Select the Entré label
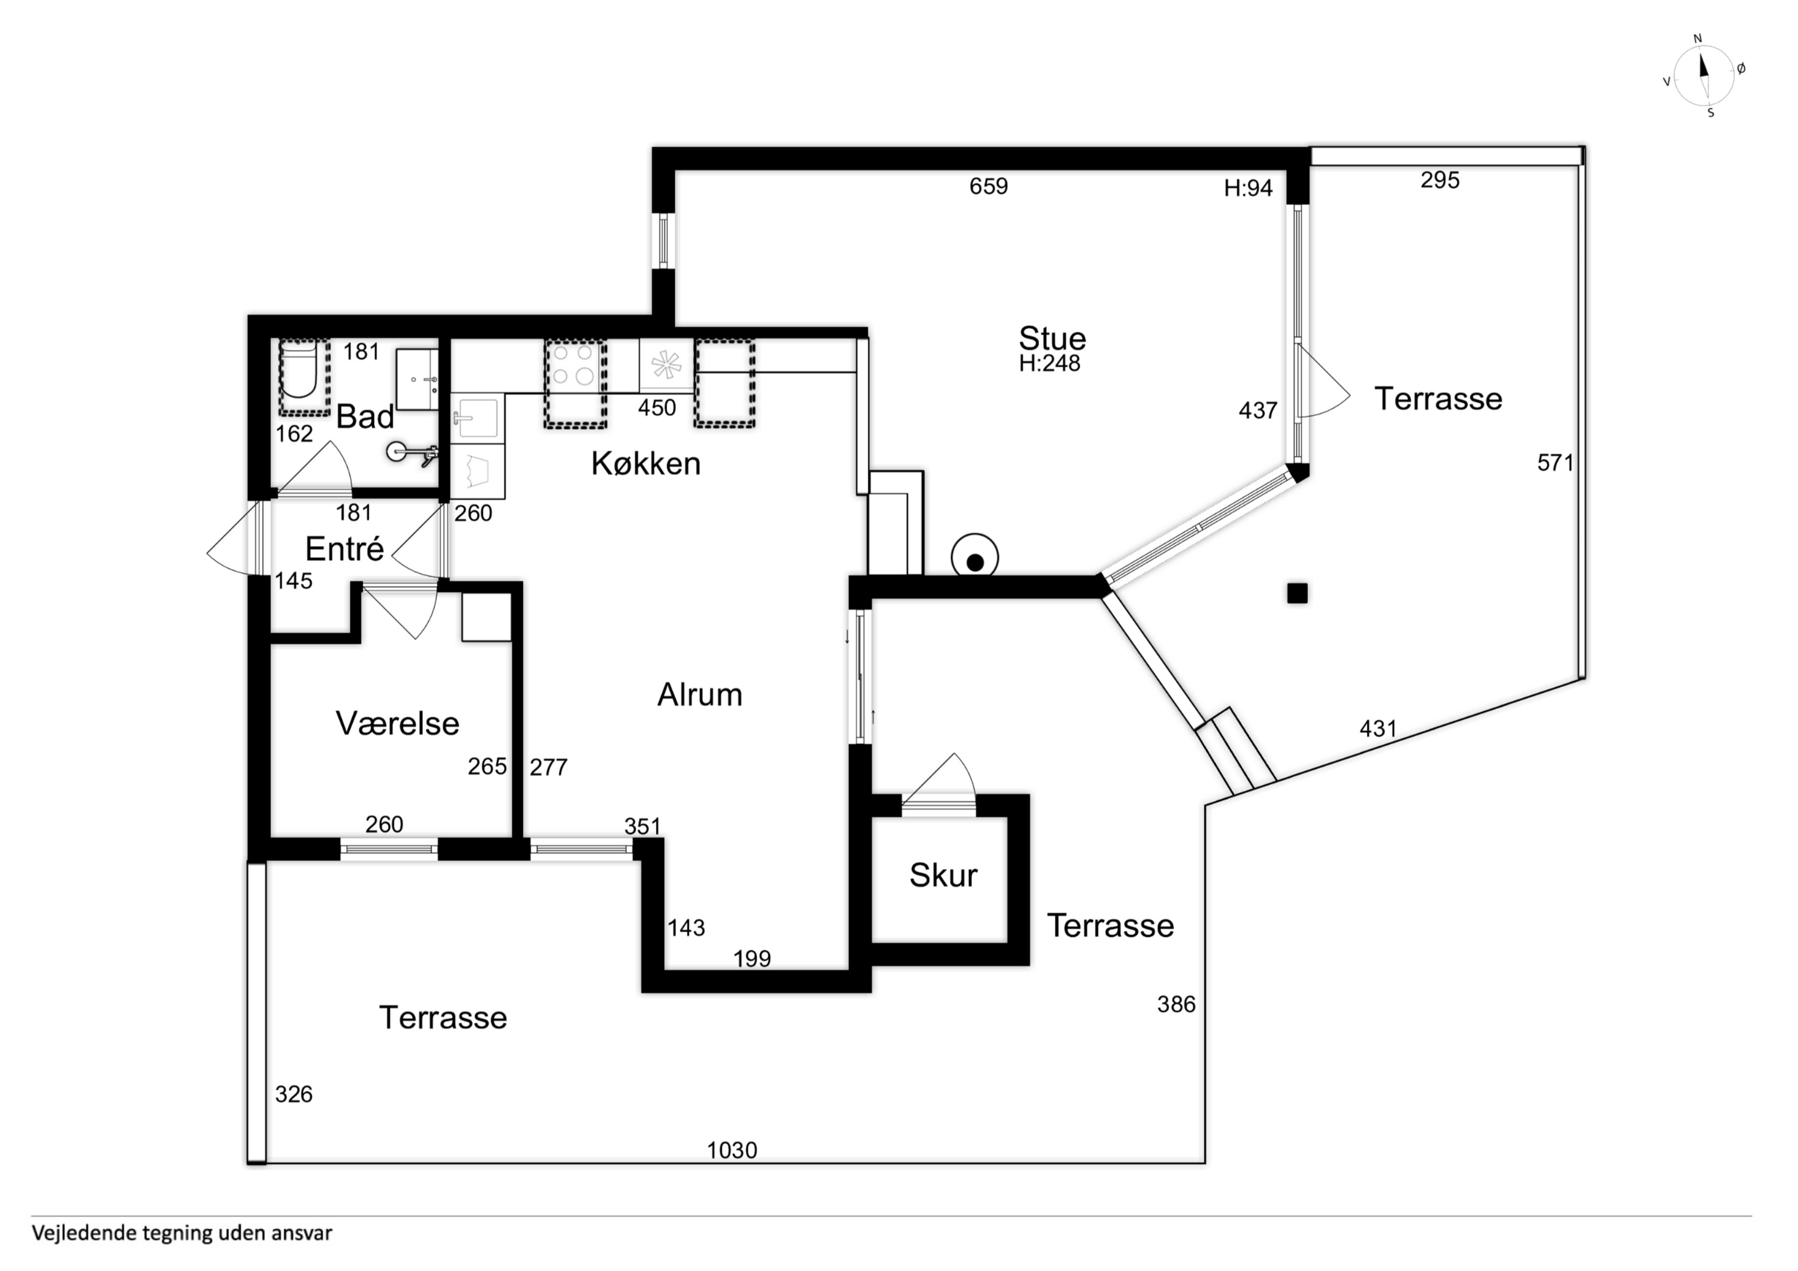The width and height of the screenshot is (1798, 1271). [345, 549]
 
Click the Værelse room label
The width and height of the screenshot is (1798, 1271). [397, 723]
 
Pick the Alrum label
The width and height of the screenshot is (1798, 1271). [699, 694]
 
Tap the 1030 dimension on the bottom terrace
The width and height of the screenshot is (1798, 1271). [732, 1150]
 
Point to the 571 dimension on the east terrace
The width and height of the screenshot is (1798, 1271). [1555, 463]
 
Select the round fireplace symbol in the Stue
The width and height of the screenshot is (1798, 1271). [975, 558]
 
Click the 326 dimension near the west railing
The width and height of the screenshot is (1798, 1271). [294, 1094]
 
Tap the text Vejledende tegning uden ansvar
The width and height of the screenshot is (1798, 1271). [182, 1233]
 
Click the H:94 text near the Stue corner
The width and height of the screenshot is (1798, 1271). [1248, 188]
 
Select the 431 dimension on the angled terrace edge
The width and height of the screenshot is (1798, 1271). [1378, 729]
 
